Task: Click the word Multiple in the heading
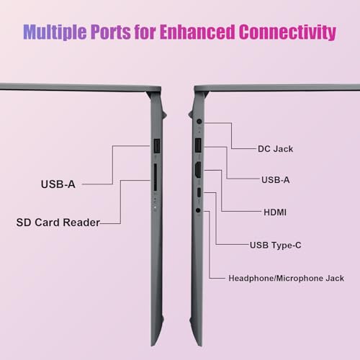(55, 32)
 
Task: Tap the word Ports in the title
(111, 32)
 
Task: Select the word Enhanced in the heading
(197, 32)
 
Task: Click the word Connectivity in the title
(287, 32)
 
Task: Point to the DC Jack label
(275, 149)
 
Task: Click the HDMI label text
(275, 212)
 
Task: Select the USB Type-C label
(276, 246)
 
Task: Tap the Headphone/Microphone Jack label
(287, 279)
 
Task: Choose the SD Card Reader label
(58, 222)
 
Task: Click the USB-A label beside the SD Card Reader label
(58, 184)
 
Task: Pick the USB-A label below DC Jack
(276, 180)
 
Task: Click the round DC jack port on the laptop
(199, 121)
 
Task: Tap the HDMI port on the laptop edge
(198, 170)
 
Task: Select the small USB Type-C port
(199, 192)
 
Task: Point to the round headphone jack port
(198, 210)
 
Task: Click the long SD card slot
(156, 178)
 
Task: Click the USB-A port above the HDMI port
(198, 145)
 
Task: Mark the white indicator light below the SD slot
(155, 207)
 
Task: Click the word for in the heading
(145, 32)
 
